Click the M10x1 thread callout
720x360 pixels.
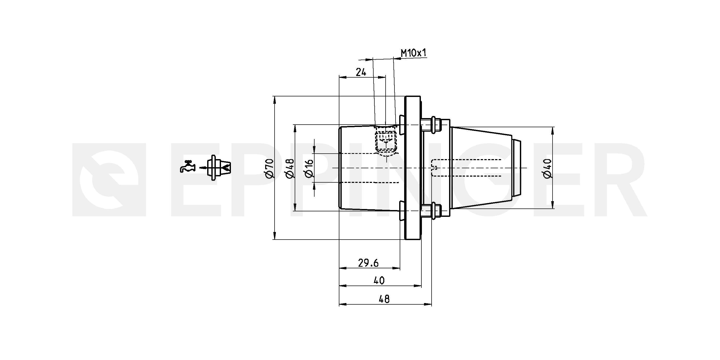[414, 53]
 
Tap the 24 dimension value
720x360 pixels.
[361, 72]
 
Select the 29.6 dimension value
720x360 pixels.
[368, 263]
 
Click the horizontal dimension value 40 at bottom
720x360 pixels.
[379, 280]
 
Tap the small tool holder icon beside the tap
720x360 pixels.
[219, 168]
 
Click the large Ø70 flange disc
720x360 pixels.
[413, 168]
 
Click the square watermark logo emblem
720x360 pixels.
[109, 180]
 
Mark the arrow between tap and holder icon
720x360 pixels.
[203, 168]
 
